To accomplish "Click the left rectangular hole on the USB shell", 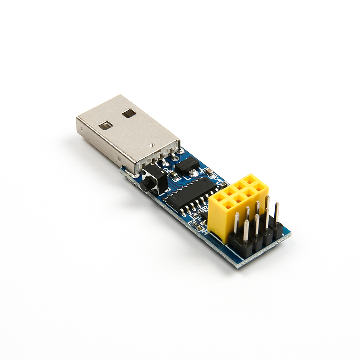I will pos(105,125).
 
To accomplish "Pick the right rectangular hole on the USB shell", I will pos(129,113).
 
